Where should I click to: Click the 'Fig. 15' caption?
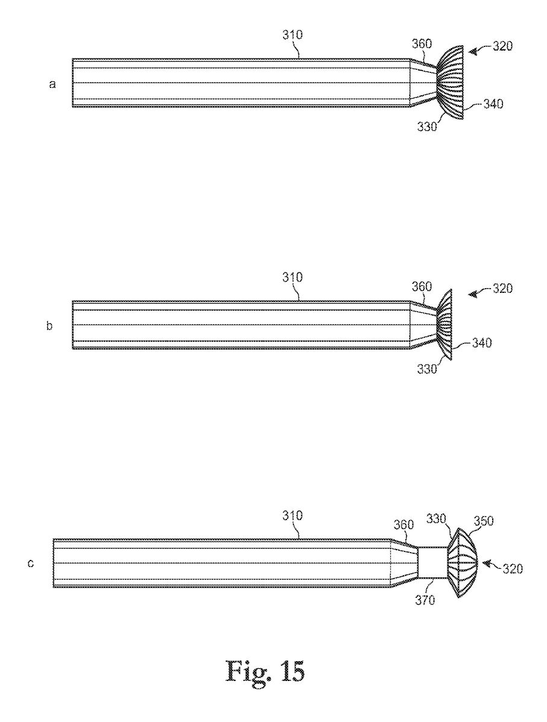(x=266, y=671)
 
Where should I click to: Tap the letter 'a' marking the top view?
(x=52, y=84)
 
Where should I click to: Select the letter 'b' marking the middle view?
(x=50, y=326)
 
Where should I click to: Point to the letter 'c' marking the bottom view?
(x=30, y=563)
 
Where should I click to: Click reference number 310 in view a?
(x=292, y=35)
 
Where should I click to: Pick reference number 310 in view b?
(x=292, y=277)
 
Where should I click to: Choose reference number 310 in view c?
(x=292, y=515)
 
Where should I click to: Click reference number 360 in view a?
(x=422, y=44)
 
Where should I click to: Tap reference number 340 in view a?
(x=493, y=104)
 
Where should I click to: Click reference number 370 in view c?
(x=424, y=600)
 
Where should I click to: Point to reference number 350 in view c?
(x=483, y=521)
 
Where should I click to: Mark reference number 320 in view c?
(x=513, y=569)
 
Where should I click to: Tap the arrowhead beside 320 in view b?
(x=472, y=294)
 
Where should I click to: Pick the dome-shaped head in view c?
(x=463, y=563)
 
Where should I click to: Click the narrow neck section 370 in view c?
(x=433, y=562)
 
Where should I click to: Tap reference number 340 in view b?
(x=481, y=343)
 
